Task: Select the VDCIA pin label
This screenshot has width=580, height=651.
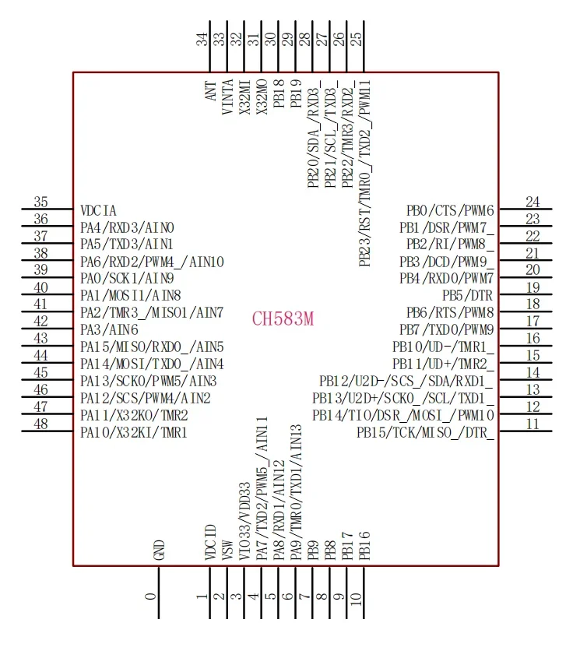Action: coord(99,210)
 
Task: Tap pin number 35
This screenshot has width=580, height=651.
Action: coord(41,202)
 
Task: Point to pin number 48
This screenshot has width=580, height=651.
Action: coord(41,424)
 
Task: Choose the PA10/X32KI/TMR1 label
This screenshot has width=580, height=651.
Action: coord(134,432)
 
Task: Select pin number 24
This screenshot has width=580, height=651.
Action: coord(533,202)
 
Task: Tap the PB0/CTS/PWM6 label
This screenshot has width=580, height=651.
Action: coord(450,210)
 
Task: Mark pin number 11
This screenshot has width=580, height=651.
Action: coord(533,424)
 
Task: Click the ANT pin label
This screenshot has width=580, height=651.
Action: coord(210,93)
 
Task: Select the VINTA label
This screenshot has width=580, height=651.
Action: coord(228,98)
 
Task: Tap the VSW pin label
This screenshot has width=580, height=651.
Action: coord(227,551)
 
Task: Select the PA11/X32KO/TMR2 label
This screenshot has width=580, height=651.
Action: coord(134,416)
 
